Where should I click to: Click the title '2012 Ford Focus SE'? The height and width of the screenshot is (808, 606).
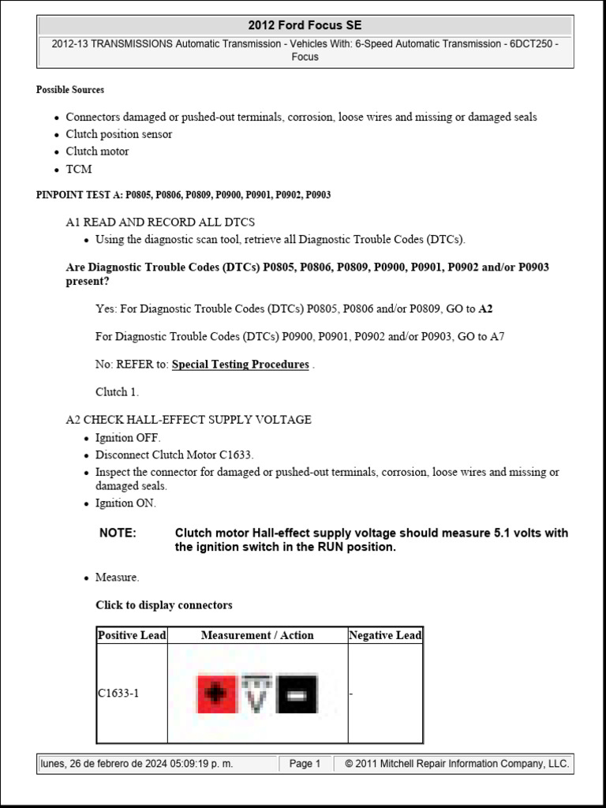point(305,26)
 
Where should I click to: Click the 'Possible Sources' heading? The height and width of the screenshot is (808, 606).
point(70,90)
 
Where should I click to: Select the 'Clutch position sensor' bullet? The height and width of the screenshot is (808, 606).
point(118,134)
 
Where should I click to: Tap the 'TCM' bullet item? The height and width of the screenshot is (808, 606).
point(79,169)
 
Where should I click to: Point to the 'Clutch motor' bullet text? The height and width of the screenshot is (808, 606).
point(97,151)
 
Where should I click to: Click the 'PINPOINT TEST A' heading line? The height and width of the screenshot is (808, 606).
point(183,195)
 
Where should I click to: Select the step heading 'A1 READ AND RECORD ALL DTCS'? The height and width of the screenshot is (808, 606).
point(160,223)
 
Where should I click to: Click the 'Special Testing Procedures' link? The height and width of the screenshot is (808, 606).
point(240,365)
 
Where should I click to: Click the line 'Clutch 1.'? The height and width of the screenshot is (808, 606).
point(117,392)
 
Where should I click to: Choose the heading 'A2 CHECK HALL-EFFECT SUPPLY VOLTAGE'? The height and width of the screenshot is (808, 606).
point(189,420)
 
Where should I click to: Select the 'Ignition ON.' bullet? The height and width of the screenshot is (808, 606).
point(125,503)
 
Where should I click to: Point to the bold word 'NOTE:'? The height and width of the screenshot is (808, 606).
point(118,533)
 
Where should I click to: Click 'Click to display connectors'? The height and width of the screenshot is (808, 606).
point(164,605)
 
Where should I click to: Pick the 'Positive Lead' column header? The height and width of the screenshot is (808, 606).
point(132,635)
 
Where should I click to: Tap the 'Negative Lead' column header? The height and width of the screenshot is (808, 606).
point(385,635)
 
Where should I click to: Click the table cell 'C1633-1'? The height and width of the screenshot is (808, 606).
point(118,694)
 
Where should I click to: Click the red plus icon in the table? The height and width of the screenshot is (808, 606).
point(216,694)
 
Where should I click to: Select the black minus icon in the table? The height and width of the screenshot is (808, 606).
point(297,694)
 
